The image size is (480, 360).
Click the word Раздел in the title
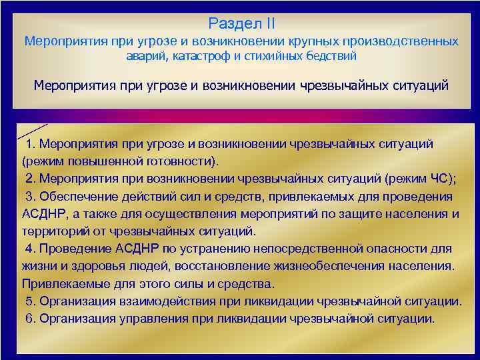coord(233,24)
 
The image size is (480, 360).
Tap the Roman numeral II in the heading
coord(267,24)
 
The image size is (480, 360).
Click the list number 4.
coord(29,249)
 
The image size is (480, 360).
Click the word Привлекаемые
coord(61,283)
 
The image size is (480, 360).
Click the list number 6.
coord(29,318)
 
